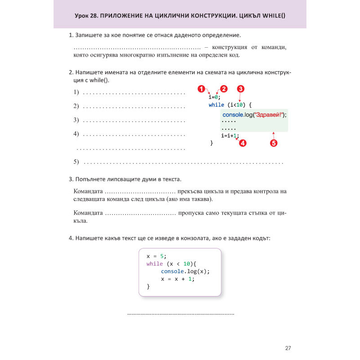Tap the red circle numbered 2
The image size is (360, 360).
click(224, 89)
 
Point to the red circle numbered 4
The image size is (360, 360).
click(243, 144)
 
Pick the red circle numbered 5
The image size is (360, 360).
click(274, 144)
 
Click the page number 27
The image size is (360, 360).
click(288, 348)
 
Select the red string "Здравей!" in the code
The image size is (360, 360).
click(269, 115)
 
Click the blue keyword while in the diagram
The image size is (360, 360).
click(216, 105)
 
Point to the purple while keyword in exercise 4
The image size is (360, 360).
click(154, 264)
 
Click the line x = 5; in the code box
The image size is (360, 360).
click(157, 256)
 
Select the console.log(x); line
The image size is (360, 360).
click(185, 271)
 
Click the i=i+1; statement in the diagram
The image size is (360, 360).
click(230, 135)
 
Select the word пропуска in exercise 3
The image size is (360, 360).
click(193, 213)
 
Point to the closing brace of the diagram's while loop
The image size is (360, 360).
click(211, 143)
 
